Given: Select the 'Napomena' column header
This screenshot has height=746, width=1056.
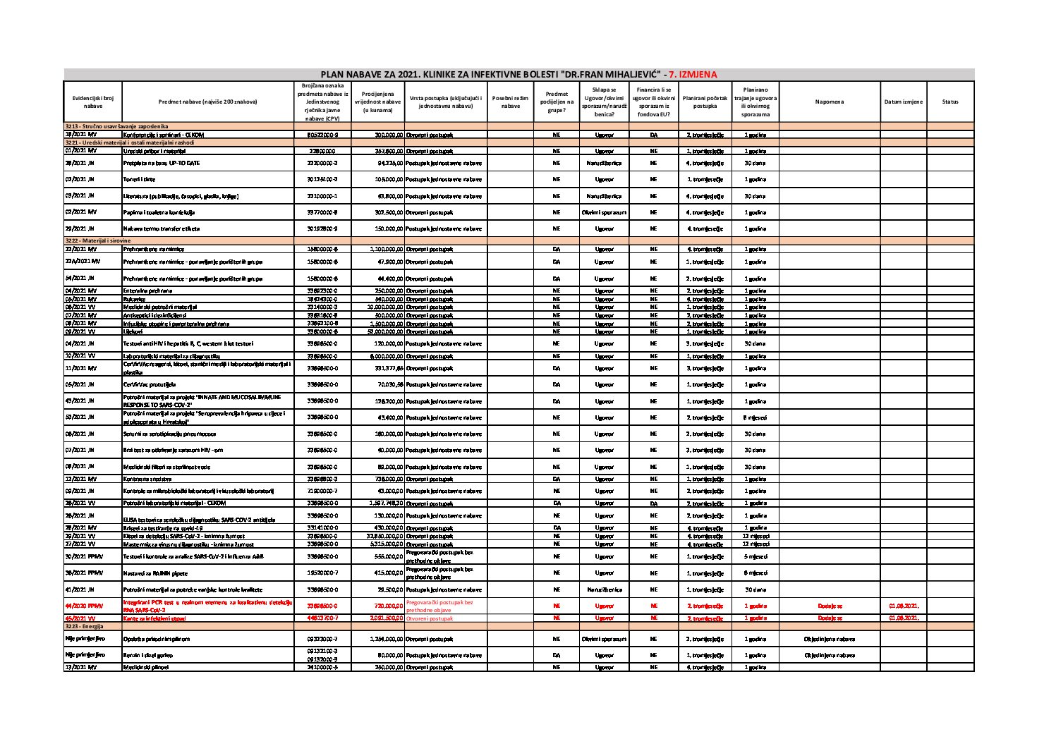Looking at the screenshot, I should [x=829, y=102].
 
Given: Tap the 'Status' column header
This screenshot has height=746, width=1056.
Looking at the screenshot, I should [x=949, y=102].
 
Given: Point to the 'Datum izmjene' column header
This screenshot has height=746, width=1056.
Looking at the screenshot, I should [x=903, y=102].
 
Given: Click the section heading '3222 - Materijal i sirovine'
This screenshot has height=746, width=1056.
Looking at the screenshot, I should [x=98, y=240].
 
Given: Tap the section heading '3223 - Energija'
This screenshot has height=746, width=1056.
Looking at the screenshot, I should [x=84, y=626].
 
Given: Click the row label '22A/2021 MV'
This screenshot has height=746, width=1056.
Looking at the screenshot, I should [x=80, y=262].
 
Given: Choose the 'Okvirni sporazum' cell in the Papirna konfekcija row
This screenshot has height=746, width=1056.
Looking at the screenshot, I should [x=604, y=212].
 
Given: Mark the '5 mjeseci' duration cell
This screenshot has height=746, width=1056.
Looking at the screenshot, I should [x=755, y=557].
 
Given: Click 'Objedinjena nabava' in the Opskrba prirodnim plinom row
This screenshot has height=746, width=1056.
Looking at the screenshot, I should [x=829, y=640].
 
